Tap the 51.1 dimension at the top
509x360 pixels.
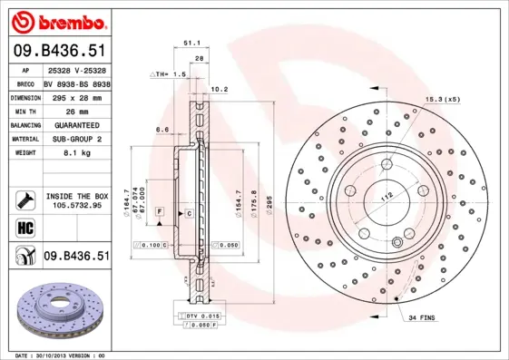[191, 42]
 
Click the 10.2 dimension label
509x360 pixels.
[218, 89]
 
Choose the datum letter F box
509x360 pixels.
[159, 211]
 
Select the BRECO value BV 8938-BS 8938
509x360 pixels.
[77, 81]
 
